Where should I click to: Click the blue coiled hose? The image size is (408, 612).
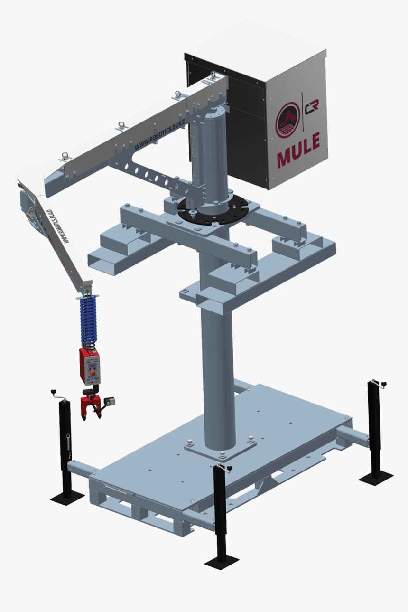(x=89, y=321)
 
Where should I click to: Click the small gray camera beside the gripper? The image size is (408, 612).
(x=111, y=401)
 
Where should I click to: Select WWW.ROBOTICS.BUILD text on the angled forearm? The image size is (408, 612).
(x=57, y=225)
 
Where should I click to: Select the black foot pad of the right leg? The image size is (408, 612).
(x=376, y=476)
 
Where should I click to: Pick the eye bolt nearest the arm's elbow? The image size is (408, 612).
(x=64, y=156)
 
